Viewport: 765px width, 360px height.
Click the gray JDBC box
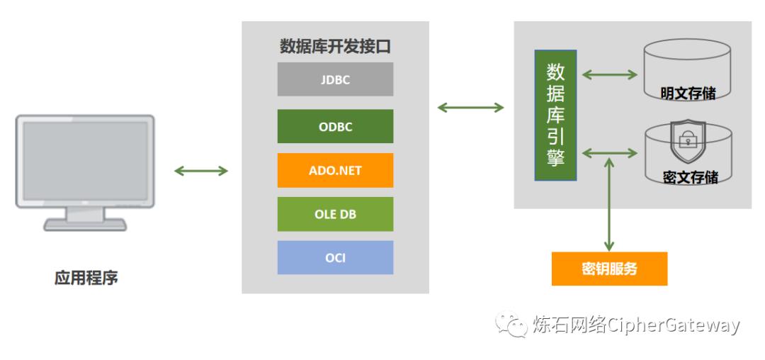(x=335, y=79)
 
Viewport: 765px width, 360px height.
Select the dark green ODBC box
(x=335, y=127)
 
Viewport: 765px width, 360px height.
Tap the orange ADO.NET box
(x=335, y=171)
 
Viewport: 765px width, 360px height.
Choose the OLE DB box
(x=335, y=214)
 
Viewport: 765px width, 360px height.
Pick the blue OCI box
(x=335, y=257)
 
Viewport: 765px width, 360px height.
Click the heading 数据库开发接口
(x=335, y=47)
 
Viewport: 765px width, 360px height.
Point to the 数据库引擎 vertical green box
(x=555, y=115)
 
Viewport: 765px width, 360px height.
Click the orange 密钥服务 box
(x=609, y=269)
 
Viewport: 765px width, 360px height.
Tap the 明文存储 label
(x=687, y=93)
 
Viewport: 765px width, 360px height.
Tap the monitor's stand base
(x=85, y=224)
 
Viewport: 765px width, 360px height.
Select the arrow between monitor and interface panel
(x=201, y=171)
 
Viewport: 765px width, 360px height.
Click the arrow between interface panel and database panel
(x=470, y=108)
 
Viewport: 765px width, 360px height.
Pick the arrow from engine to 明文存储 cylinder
(x=609, y=73)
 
